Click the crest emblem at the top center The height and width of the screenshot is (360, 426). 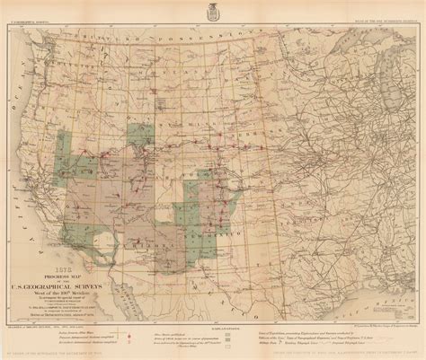click(213, 15)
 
